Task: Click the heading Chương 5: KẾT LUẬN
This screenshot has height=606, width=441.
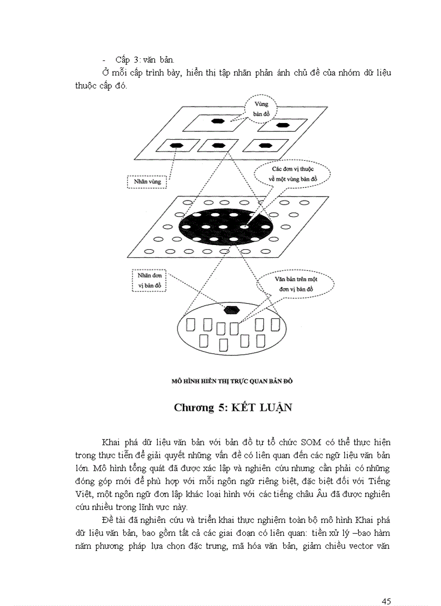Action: tap(232, 407)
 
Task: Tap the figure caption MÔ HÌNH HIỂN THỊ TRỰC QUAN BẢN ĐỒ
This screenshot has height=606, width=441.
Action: tap(232, 380)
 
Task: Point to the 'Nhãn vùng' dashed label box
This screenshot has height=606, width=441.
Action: tap(147, 182)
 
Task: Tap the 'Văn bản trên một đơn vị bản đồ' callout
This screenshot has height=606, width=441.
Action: tap(295, 285)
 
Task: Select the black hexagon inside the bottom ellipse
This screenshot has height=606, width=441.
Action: tap(231, 309)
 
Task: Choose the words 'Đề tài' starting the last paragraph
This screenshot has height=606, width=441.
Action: tap(115, 520)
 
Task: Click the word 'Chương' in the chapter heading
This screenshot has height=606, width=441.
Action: tap(193, 407)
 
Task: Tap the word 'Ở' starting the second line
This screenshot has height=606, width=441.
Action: tap(105, 72)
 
